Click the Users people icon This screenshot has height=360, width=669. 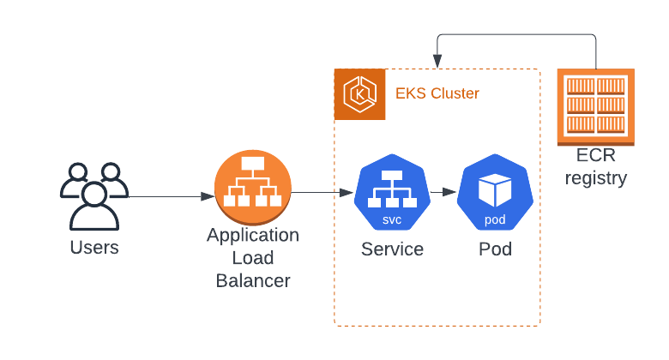[93, 195]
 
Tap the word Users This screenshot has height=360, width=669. [94, 249]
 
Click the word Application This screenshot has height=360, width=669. [253, 235]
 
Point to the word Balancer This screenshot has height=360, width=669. [253, 280]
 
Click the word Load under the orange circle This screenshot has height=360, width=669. [253, 258]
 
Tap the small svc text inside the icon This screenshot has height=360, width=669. [392, 219]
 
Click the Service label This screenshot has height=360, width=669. [392, 249]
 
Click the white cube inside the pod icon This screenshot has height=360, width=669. [495, 189]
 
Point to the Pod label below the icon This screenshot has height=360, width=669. [495, 249]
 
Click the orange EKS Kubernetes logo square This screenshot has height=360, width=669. [359, 94]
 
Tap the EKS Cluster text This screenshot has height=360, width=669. [437, 93]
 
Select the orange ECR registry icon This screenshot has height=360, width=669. [596, 106]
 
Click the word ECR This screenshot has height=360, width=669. [595, 158]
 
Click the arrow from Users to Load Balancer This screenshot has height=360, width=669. [172, 196]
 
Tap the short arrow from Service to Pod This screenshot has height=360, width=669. [442, 193]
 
